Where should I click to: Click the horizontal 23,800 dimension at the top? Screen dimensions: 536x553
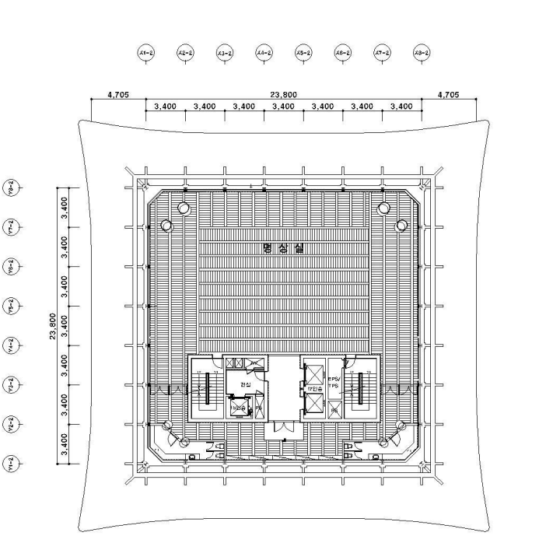click(278, 95)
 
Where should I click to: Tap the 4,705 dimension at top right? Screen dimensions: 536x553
click(448, 95)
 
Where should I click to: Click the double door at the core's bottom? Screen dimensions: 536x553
click(283, 430)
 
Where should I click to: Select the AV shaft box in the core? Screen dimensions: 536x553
click(254, 363)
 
